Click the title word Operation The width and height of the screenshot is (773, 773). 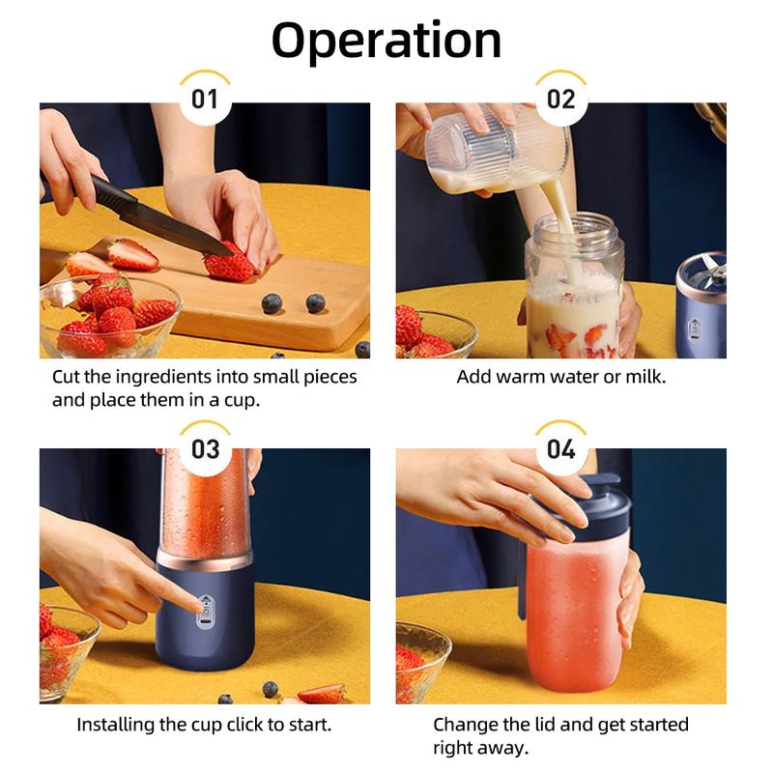(386, 40)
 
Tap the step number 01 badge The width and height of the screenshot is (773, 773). (205, 100)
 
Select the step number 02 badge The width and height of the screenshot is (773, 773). (561, 100)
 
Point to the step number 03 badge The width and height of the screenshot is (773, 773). (205, 449)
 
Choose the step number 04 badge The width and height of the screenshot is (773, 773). (561, 449)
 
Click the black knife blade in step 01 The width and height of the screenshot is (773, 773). (155, 217)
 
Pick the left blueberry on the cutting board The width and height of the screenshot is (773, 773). (272, 302)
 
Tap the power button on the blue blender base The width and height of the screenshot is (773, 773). (205, 608)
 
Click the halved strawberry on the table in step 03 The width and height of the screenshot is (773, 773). (321, 693)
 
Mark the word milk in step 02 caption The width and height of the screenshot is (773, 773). (644, 376)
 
